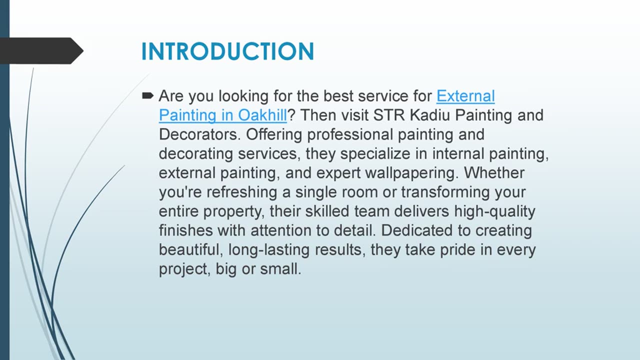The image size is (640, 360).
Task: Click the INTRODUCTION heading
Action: click(227, 51)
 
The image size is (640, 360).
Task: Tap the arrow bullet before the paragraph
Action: click(147, 95)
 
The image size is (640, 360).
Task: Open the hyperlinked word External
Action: click(465, 96)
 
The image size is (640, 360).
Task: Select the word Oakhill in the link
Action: click(262, 115)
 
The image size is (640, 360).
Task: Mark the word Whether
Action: click(494, 173)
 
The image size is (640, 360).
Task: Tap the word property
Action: click(233, 211)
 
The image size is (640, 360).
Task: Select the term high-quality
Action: click(494, 211)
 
